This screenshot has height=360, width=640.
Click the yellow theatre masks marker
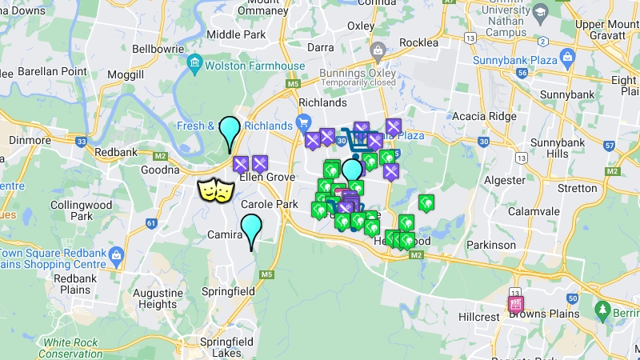click(216, 190)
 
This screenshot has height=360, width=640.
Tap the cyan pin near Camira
click(251, 228)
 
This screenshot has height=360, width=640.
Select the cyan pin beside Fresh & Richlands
click(230, 130)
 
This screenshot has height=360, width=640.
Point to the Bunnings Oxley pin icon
click(378, 52)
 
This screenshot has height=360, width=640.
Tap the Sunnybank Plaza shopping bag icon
click(567, 57)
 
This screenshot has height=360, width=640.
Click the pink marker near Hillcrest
click(516, 305)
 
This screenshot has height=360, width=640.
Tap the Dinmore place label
click(30, 139)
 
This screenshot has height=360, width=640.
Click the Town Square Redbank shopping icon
click(117, 256)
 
